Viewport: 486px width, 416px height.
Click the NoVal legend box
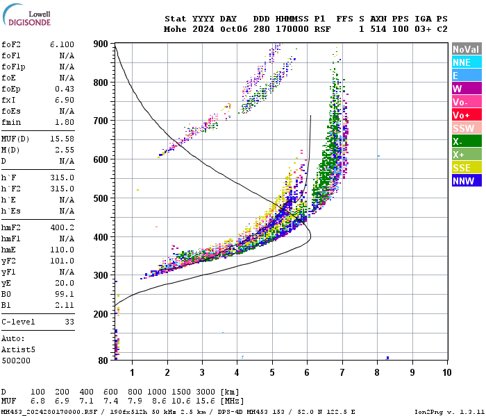pos(467,49)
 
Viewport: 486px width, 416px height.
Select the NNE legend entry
pos(467,62)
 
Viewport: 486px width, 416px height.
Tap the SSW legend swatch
pos(467,128)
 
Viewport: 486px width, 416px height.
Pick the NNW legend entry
pos(467,181)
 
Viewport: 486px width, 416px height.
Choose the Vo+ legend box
pos(467,115)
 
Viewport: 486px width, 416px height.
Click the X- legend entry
pos(467,141)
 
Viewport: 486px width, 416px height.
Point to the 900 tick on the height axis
pos(101,44)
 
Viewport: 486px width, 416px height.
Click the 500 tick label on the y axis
pos(101,198)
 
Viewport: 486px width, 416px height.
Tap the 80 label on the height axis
pos(103,361)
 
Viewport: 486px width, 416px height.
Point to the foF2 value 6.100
pos(62,44)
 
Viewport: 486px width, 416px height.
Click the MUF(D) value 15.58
pos(62,140)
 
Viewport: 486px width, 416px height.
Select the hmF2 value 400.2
pos(62,227)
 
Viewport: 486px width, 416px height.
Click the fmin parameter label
pos(11,122)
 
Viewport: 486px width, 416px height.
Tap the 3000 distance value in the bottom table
pos(205,392)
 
